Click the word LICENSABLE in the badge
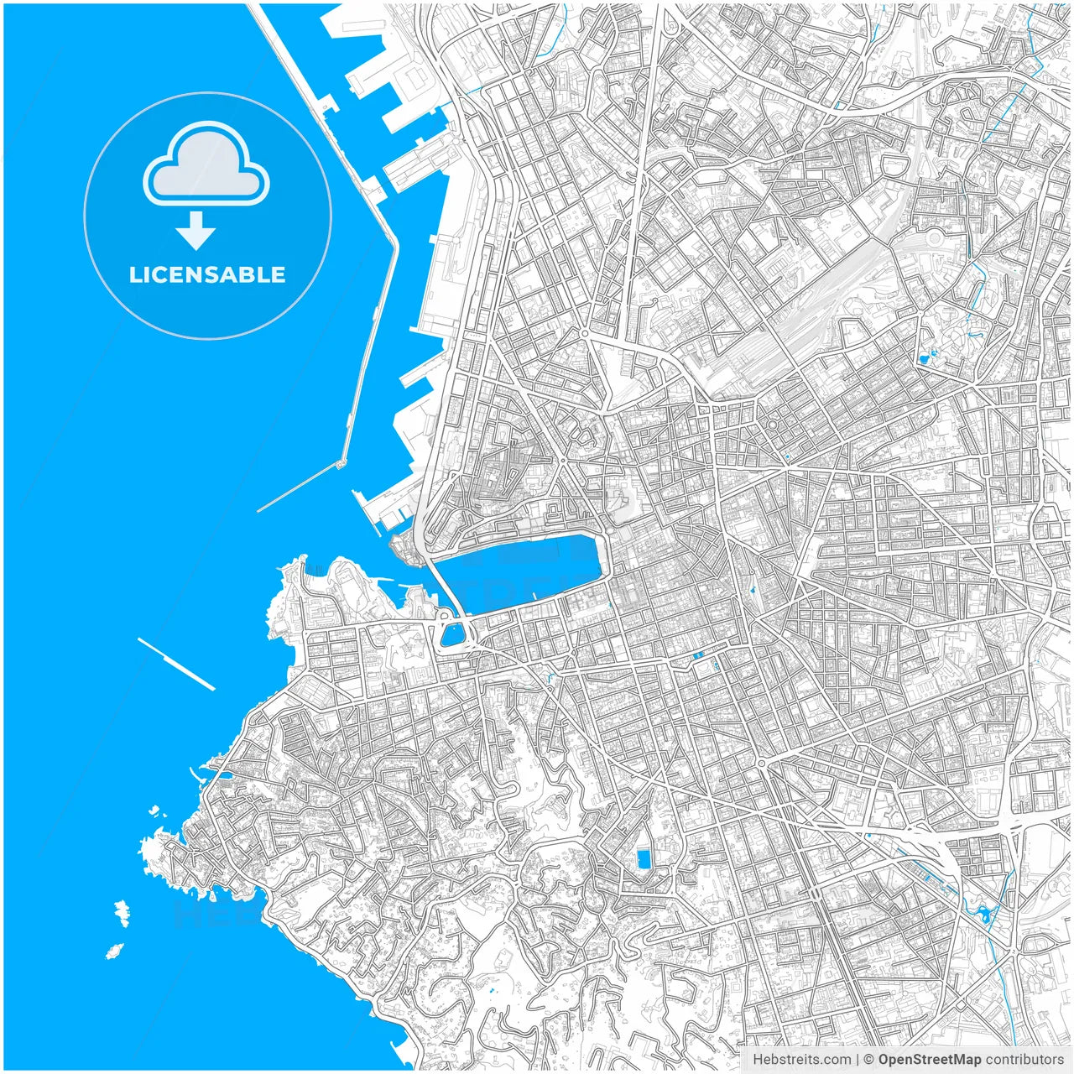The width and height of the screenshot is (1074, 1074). click(207, 275)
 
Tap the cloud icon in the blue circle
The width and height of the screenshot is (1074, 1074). click(206, 164)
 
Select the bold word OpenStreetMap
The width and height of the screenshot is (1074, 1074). click(929, 1060)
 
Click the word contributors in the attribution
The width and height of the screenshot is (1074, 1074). click(1024, 1060)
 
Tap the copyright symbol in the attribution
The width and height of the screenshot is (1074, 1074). click(869, 1060)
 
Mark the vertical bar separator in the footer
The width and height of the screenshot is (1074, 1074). click(856, 1060)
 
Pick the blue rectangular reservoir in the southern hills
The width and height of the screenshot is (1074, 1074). click(644, 859)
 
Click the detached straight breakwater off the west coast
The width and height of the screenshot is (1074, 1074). click(176, 664)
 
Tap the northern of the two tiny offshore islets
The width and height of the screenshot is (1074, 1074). click(123, 912)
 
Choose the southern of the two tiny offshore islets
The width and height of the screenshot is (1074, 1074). click(113, 951)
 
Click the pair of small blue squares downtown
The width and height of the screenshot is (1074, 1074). click(698, 654)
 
